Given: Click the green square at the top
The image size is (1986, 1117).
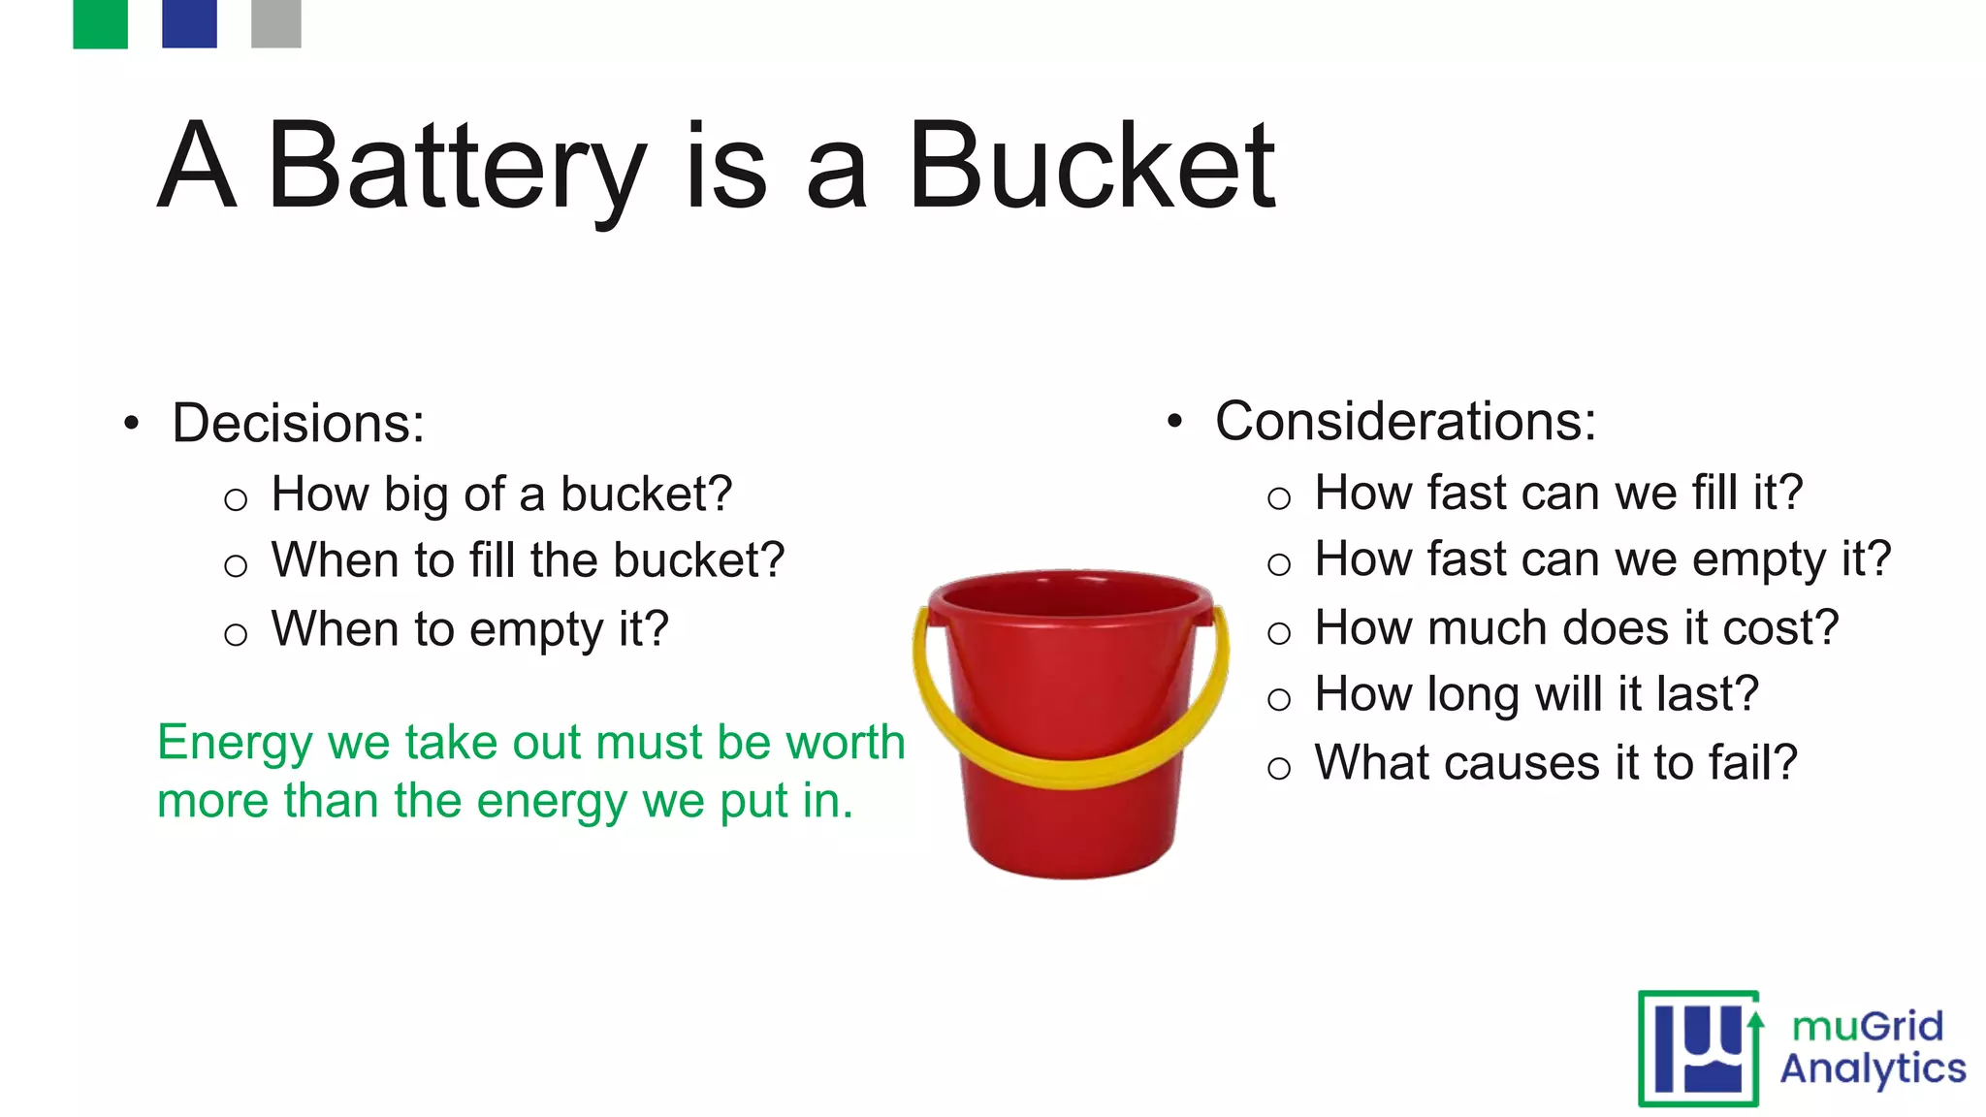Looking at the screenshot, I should pos(100,23).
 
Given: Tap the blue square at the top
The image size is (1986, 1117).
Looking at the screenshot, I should pos(189,23).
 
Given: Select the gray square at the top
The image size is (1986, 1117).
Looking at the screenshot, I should pos(276,23).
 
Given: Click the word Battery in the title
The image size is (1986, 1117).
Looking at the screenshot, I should pos(456,167).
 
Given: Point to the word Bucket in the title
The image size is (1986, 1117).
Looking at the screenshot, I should pos(1092,167).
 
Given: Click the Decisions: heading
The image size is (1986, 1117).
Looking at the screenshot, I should pos(299,424).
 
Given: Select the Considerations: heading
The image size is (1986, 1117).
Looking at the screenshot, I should pos(1405,422).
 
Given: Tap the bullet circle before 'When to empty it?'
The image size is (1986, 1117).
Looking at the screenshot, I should pos(236,635).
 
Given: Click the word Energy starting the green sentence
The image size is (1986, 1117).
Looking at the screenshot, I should pos(236,744).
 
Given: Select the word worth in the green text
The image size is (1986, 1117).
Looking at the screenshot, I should pos(845,743).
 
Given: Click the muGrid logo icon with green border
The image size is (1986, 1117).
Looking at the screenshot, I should pos(1699,1048).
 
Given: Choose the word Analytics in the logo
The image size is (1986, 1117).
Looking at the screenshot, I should pos(1873,1069).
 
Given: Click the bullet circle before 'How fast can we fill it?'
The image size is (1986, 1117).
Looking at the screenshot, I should pos(1279,499).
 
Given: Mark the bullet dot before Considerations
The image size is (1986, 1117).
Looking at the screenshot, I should pos(1175,422).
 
